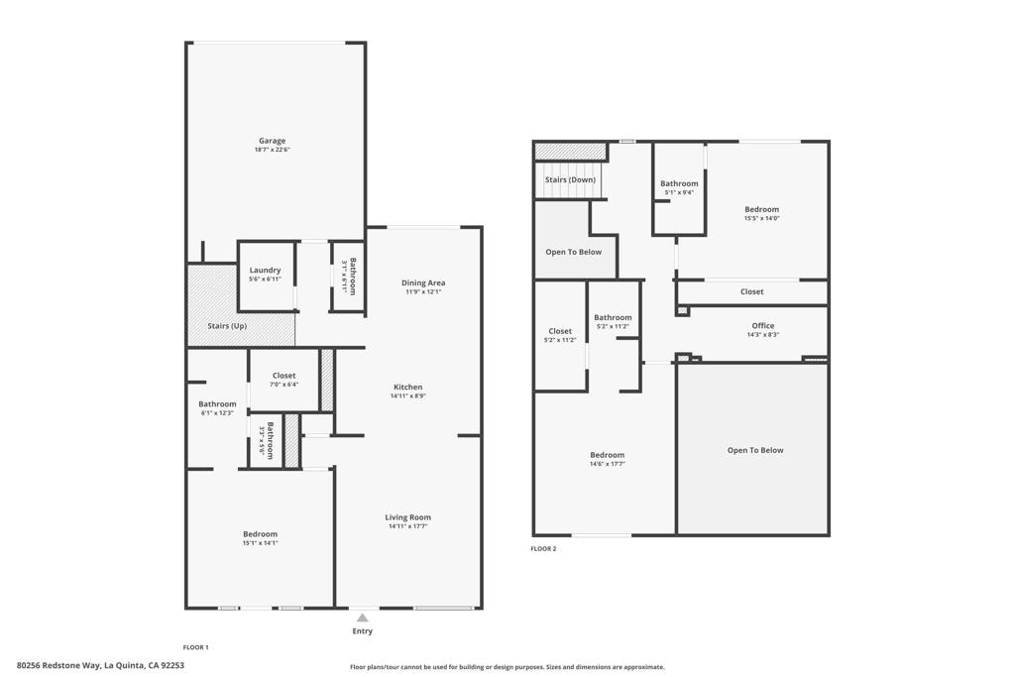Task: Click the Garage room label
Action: pyautogui.click(x=272, y=141)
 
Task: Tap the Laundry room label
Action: pyautogui.click(x=265, y=271)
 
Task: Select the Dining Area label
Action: pyautogui.click(x=423, y=283)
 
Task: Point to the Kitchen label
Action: pyautogui.click(x=408, y=388)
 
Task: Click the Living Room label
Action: pyautogui.click(x=408, y=517)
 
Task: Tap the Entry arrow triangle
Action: pyautogui.click(x=363, y=618)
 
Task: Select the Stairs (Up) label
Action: pyautogui.click(x=227, y=326)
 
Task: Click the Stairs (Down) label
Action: pyautogui.click(x=571, y=179)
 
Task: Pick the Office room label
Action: pyautogui.click(x=762, y=326)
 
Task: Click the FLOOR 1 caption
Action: pyautogui.click(x=196, y=647)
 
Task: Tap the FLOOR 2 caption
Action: pyautogui.click(x=543, y=548)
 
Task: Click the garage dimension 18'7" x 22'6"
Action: pyautogui.click(x=272, y=150)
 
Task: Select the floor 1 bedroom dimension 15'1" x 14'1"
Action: pyautogui.click(x=260, y=543)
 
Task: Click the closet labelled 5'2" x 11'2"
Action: pyautogui.click(x=560, y=335)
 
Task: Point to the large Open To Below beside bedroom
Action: pyautogui.click(x=755, y=450)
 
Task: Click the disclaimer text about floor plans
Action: pyautogui.click(x=507, y=667)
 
